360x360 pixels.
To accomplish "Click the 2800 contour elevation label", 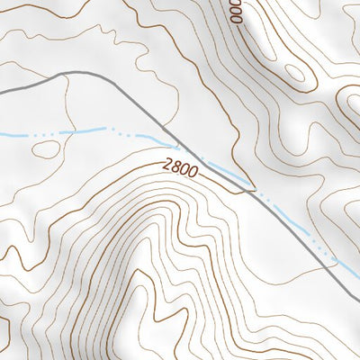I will pyautogui.click(x=180, y=167).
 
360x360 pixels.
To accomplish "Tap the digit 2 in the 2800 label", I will pyautogui.click(x=168, y=165).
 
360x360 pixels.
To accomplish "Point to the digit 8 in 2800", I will pyautogui.click(x=175, y=166).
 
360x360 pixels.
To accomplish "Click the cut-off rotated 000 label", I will pyautogui.click(x=236, y=12).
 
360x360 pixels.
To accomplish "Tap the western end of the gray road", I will pyautogui.click(x=2, y=92).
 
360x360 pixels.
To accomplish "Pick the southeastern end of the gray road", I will pyautogui.click(x=357, y=298).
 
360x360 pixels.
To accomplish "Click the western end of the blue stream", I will pyautogui.click(x=2, y=135).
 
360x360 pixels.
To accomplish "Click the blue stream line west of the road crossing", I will pyautogui.click(x=90, y=131).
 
